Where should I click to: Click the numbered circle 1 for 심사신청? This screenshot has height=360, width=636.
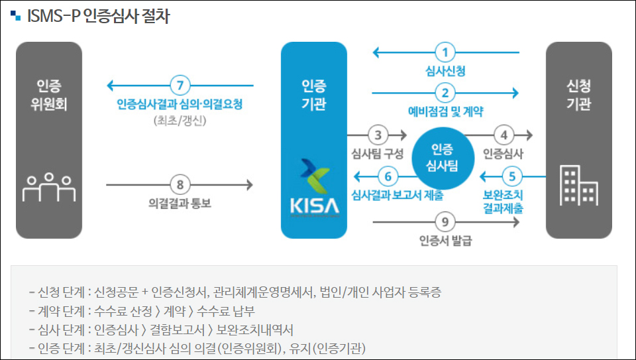click(x=446, y=52)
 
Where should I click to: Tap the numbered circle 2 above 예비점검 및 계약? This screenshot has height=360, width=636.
click(x=446, y=93)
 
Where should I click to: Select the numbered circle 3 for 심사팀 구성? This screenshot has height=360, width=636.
click(x=378, y=135)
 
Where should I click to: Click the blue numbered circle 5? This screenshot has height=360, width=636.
click(x=511, y=177)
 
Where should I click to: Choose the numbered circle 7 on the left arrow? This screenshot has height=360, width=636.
click(x=180, y=86)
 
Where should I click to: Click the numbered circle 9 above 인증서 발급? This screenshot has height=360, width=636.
click(x=445, y=222)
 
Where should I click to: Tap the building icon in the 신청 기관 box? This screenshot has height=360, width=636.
click(x=579, y=184)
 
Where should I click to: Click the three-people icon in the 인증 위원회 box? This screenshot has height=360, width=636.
click(x=49, y=186)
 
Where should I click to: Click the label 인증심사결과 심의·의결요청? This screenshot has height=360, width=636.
click(x=180, y=105)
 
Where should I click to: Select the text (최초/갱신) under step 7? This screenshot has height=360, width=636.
click(x=180, y=121)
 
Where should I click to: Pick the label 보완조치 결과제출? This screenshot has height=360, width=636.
click(x=503, y=202)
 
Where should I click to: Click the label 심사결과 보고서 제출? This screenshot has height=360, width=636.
click(x=397, y=195)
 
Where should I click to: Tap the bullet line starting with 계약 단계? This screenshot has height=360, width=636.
click(x=142, y=311)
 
